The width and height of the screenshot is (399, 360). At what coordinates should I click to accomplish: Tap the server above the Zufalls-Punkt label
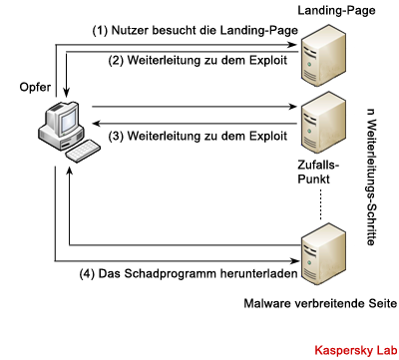coord(323,124)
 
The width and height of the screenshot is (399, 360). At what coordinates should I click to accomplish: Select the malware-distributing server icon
coord(323,255)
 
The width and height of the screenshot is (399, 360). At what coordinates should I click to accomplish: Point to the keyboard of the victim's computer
coord(83,152)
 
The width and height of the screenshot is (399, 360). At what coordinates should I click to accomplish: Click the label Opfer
coord(35,88)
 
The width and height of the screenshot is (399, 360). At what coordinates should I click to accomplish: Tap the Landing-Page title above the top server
coord(336,10)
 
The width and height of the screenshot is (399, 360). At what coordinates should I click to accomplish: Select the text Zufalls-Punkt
coord(318,172)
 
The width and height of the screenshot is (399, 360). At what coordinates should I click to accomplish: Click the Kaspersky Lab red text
coord(356,350)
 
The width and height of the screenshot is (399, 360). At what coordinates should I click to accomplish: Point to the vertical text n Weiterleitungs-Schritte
coord(372,178)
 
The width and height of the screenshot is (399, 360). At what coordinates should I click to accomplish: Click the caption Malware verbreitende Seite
coord(320,303)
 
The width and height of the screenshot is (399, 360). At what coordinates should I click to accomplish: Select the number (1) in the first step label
coord(100,31)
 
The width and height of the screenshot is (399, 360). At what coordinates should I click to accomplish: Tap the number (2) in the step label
coord(116,61)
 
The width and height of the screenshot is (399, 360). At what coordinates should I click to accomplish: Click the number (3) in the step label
coord(116,137)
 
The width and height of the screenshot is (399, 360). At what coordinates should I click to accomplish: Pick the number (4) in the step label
coord(87,274)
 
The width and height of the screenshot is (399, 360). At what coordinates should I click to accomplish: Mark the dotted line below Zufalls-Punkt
coord(320,204)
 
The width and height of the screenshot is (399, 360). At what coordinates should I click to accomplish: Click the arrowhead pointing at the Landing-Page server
coord(293,45)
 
